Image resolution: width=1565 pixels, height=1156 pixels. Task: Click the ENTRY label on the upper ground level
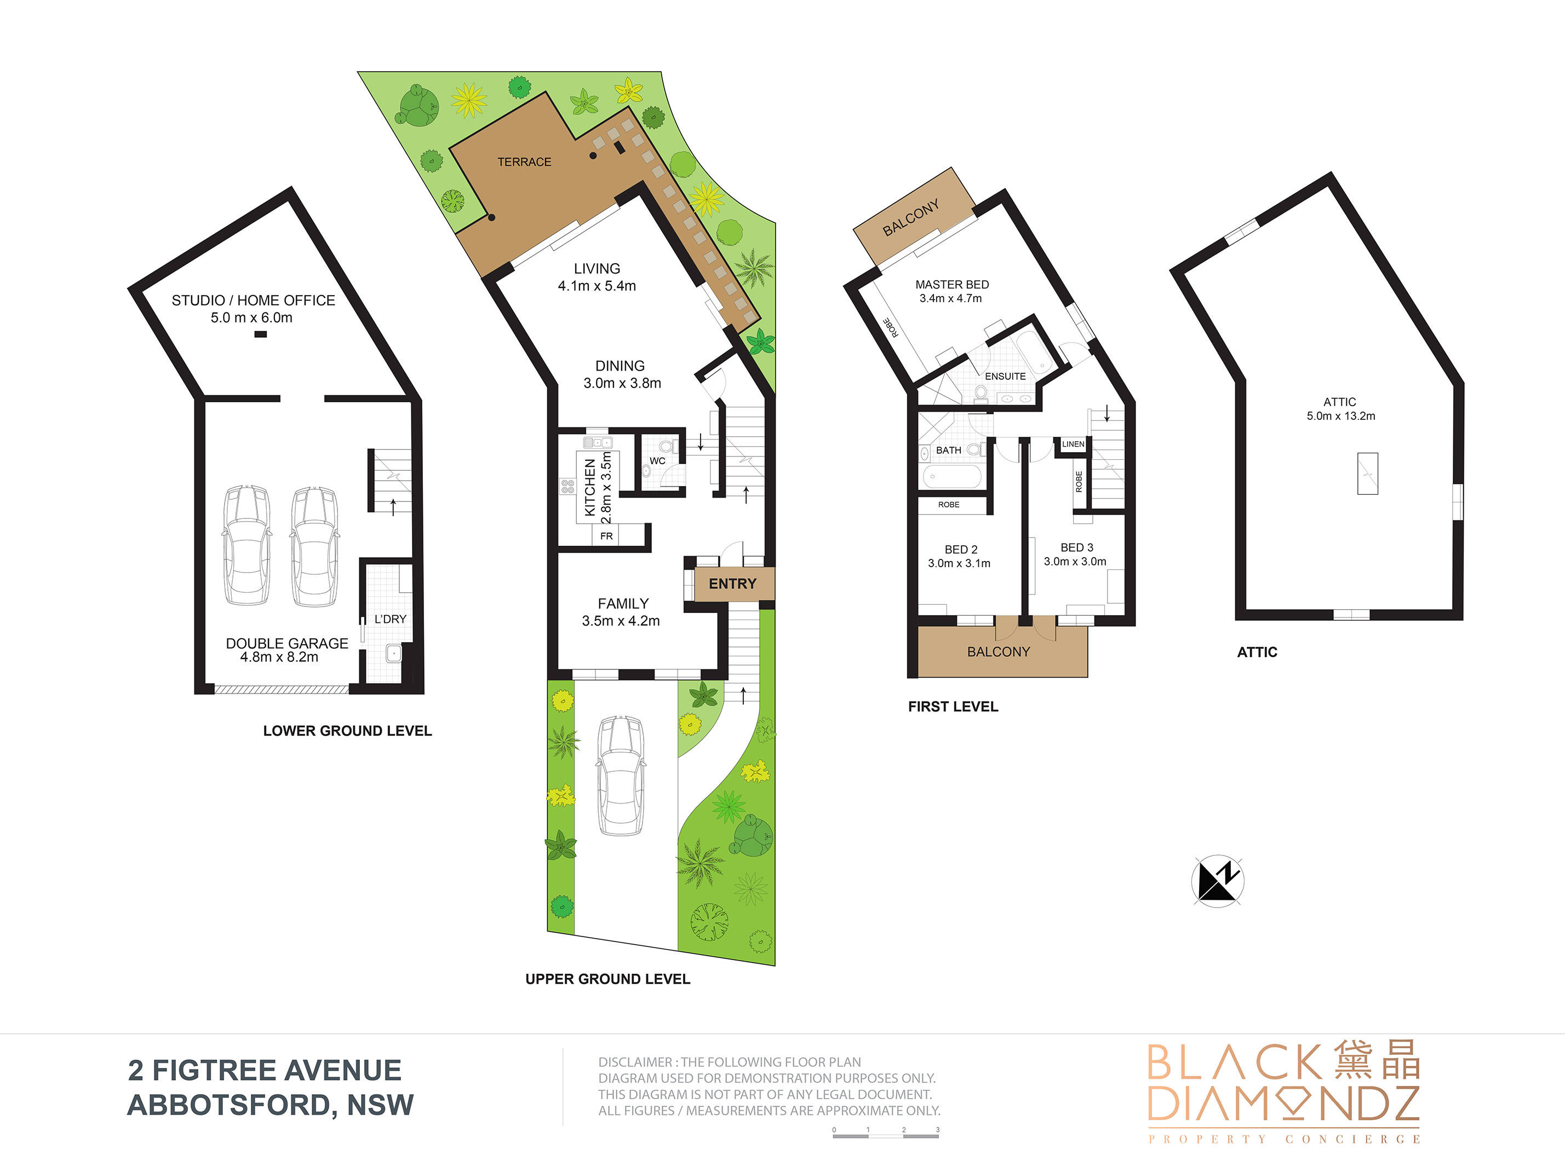(732, 583)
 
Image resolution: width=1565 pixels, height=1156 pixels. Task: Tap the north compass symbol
(1218, 881)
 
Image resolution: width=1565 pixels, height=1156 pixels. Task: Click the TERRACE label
(524, 161)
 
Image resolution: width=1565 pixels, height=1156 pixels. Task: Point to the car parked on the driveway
(621, 776)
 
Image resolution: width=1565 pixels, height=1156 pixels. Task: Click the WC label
(657, 460)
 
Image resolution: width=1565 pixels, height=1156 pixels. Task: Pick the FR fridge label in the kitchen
(606, 536)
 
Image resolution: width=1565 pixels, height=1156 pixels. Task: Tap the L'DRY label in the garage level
(390, 619)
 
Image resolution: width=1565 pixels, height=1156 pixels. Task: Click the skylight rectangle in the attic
(1368, 474)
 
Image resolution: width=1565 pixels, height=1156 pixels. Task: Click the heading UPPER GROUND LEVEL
(608, 979)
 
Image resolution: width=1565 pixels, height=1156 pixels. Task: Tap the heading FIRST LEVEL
(953, 707)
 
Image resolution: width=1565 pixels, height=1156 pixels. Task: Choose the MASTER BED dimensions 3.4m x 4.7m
(951, 298)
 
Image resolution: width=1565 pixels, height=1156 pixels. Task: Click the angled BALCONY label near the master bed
(910, 218)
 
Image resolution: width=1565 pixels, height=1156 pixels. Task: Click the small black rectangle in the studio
(261, 334)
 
